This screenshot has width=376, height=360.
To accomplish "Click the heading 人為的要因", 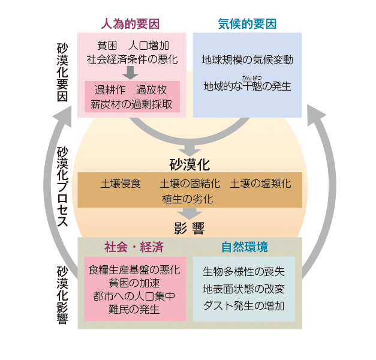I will click(x=130, y=25).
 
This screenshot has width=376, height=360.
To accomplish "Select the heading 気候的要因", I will click(x=246, y=25).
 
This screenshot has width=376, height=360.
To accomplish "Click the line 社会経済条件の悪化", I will click(x=132, y=59).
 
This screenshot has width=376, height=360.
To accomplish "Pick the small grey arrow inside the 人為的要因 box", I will click(x=130, y=73).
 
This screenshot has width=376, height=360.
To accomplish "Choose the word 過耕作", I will click(x=109, y=90).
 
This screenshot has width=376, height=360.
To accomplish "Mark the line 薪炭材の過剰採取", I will click(x=131, y=104).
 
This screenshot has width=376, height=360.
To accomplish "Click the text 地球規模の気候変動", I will click(x=247, y=61).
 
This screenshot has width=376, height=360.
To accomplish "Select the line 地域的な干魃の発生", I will click(x=247, y=86).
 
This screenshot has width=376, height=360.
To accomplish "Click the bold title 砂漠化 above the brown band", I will click(x=190, y=164).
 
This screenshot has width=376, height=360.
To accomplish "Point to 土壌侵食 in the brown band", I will click(x=121, y=183).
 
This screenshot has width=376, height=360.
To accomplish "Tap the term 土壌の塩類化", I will click(x=260, y=183).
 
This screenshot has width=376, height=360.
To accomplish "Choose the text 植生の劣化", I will click(x=187, y=199).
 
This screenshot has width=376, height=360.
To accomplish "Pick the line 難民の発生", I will click(x=134, y=310).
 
